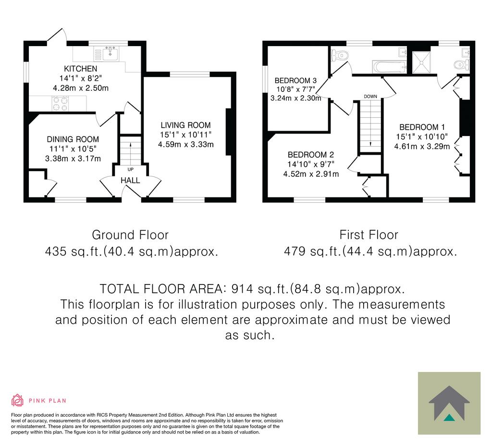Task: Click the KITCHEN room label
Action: coord(81,68)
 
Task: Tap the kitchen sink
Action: coord(111,54)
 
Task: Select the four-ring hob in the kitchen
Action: coord(60,104)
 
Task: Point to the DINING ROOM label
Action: coord(73,139)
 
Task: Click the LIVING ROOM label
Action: coord(186,125)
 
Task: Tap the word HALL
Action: coord(130,181)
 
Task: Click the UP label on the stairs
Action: coord(131,170)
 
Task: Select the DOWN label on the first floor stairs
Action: coord(370,96)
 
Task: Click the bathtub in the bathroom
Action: coord(389,67)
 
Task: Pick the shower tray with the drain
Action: coord(421,62)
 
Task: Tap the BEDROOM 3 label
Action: coord(295,81)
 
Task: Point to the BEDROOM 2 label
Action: coord(311,155)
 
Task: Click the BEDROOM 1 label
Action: coord(422,127)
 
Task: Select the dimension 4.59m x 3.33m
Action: coord(186,144)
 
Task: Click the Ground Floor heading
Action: coord(130,235)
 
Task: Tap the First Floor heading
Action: coord(369,235)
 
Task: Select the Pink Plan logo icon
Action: coord(17,400)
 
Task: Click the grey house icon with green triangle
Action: coord(449,403)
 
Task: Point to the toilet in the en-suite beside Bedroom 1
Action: coord(461,65)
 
